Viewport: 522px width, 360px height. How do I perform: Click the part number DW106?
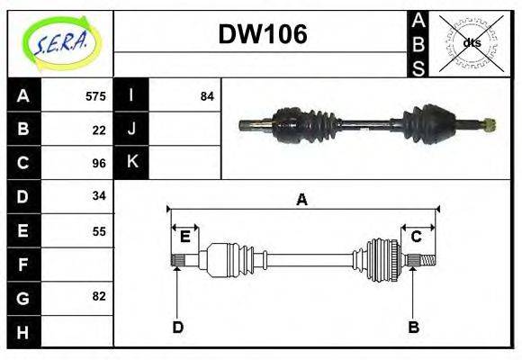click(263, 35)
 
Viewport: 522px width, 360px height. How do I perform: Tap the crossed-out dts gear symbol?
click(471, 42)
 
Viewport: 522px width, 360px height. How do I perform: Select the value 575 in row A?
click(95, 96)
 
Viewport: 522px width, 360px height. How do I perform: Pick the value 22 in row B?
click(99, 130)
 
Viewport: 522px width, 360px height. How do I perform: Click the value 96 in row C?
click(99, 163)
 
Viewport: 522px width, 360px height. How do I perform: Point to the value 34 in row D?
click(99, 195)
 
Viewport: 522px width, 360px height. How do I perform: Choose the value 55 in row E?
click(99, 230)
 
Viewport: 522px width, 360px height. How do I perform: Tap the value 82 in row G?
click(99, 296)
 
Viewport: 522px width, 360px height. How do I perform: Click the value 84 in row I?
click(207, 96)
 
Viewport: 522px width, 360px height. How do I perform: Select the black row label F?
click(22, 265)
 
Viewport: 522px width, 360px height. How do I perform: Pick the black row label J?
click(131, 129)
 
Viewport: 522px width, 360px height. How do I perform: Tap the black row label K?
click(131, 162)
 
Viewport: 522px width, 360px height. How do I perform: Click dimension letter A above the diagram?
click(302, 200)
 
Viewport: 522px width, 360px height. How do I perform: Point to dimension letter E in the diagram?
click(184, 237)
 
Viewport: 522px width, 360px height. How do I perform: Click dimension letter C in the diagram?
click(417, 237)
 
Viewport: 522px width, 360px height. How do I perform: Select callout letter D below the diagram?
click(177, 327)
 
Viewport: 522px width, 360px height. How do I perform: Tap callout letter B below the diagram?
click(413, 327)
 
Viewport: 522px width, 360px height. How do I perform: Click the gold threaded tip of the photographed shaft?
click(489, 124)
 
